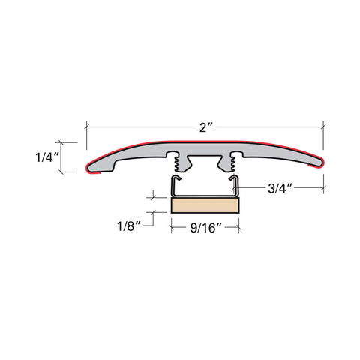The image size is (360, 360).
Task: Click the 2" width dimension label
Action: (205, 128)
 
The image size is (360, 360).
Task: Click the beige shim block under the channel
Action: (205, 206)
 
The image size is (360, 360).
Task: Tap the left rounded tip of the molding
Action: (91, 167)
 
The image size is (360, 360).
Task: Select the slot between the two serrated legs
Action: (205, 163)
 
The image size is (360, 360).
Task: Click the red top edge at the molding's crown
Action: (205, 140)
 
